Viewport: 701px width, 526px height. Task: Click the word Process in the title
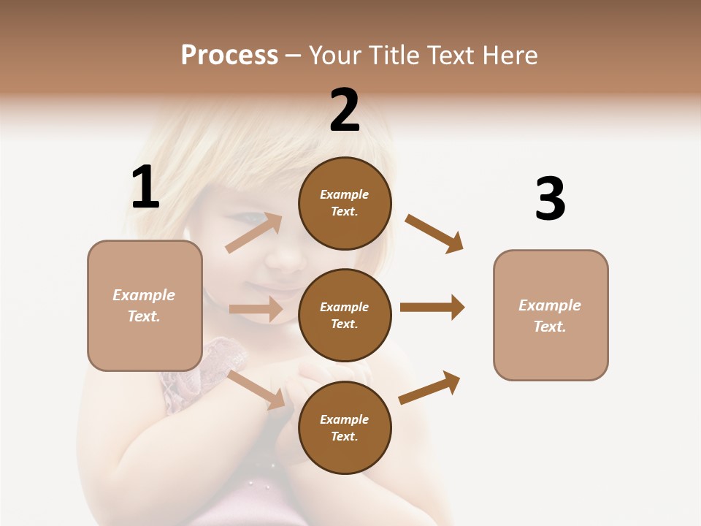[x=229, y=56]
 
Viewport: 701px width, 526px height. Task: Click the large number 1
[x=145, y=188]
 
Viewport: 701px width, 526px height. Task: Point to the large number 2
[x=345, y=110]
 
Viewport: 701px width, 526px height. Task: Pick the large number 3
[x=550, y=199]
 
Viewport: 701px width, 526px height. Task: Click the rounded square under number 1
[x=145, y=305]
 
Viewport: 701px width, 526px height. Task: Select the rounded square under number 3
[x=551, y=315]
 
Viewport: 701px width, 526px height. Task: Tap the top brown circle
[x=345, y=203]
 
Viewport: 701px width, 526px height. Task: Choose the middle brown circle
[x=345, y=315]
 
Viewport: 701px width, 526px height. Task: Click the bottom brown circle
[x=345, y=427]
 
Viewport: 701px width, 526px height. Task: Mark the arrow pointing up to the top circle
[x=254, y=232]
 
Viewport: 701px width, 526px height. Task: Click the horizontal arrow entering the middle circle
[x=256, y=309]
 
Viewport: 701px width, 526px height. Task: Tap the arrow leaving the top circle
[x=434, y=233]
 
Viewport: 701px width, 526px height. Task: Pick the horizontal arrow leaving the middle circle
[x=432, y=308]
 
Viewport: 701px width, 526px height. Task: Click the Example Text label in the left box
[x=144, y=305]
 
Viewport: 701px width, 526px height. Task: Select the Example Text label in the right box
[x=550, y=316]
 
